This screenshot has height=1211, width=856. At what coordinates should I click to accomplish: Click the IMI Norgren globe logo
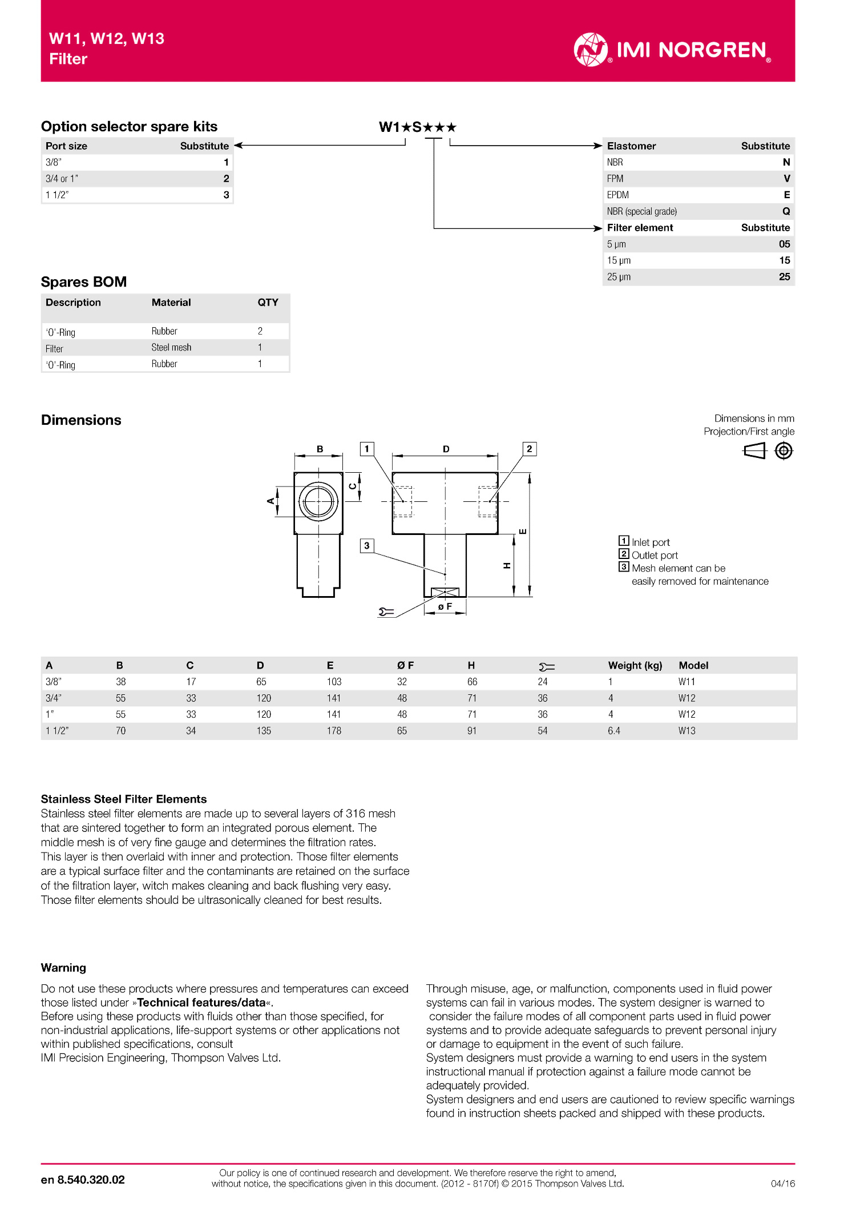pyautogui.click(x=591, y=50)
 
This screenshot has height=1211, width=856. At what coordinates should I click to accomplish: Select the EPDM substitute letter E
pyautogui.click(x=786, y=195)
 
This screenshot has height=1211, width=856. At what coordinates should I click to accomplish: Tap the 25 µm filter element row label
pyautogui.click(x=619, y=277)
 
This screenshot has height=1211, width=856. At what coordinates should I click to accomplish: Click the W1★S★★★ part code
pyautogui.click(x=418, y=127)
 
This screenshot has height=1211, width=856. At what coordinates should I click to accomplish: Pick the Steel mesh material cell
pyautogui.click(x=171, y=347)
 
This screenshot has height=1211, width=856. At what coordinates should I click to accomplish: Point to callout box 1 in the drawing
pyautogui.click(x=367, y=449)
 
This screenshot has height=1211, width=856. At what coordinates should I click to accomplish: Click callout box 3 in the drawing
pyautogui.click(x=367, y=546)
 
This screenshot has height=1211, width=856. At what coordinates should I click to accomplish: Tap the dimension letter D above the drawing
pyautogui.click(x=446, y=449)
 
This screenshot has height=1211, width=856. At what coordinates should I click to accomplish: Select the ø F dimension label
pyautogui.click(x=445, y=606)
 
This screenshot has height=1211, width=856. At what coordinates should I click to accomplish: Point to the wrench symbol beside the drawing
pyautogui.click(x=386, y=612)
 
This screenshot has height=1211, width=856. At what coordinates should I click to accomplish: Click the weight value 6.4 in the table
pyautogui.click(x=613, y=731)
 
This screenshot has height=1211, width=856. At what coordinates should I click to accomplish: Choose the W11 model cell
pyautogui.click(x=687, y=682)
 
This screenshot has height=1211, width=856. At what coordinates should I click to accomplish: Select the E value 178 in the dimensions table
pyautogui.click(x=334, y=731)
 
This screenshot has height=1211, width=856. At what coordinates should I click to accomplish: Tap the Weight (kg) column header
pyautogui.click(x=635, y=665)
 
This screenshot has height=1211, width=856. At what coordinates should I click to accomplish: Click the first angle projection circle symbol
pyautogui.click(x=784, y=451)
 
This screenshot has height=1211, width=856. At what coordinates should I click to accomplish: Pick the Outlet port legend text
pyautogui.click(x=655, y=556)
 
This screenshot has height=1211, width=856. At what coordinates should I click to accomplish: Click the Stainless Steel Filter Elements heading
pyautogui.click(x=124, y=799)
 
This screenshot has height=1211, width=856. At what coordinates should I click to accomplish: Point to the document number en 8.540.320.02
pyautogui.click(x=83, y=1180)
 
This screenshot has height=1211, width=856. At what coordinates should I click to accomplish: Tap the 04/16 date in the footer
pyautogui.click(x=782, y=1184)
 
